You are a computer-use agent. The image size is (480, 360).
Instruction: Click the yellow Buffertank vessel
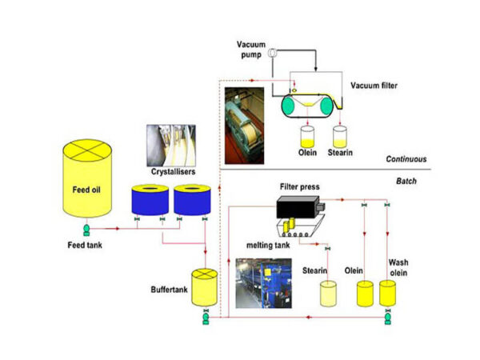(206, 286)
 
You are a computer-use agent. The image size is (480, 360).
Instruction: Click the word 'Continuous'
(406, 159)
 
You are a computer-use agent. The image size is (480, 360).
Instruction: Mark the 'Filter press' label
(300, 187)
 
